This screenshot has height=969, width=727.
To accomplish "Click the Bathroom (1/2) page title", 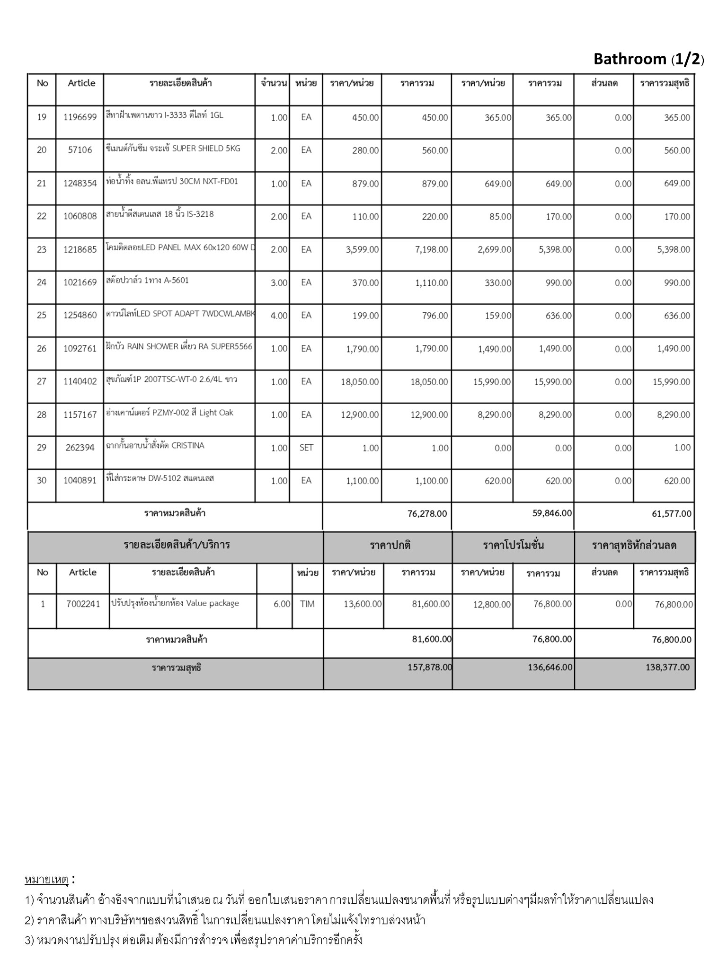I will [648, 59].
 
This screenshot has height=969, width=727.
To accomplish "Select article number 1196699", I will [80, 117].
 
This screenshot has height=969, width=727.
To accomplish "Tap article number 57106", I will [80, 150].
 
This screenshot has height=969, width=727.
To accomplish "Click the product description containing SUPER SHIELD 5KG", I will [173, 149].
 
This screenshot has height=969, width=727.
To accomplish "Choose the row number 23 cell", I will [42, 249].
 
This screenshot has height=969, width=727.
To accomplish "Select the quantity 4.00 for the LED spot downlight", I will [279, 316].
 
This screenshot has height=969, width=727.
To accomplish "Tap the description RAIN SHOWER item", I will [179, 347].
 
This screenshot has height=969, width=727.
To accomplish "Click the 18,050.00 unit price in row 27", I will [360, 382].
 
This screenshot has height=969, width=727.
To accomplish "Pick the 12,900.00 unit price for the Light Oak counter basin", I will [360, 415].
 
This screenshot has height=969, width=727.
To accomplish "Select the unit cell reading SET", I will [306, 448].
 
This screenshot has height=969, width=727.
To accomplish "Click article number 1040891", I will [80, 481].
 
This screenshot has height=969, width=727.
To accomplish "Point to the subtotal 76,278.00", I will [427, 514].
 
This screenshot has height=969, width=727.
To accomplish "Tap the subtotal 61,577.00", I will [671, 514].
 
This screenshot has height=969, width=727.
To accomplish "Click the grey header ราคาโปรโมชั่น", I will [513, 545].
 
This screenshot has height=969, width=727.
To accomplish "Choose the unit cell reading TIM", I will [307, 604].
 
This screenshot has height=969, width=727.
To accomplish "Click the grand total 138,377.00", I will [667, 668].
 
